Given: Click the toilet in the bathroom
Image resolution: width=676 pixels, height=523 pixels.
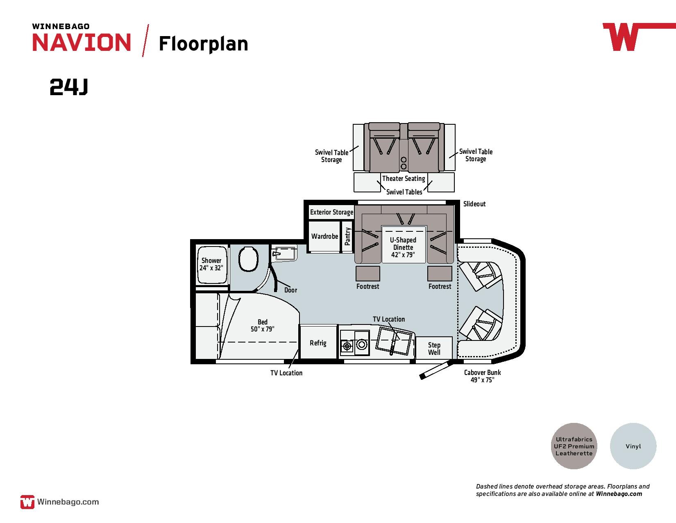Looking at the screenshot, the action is [x=248, y=259].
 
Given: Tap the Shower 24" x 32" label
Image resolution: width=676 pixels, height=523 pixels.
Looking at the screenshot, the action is [x=211, y=264].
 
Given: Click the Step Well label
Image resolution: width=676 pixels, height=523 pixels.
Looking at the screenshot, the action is [x=434, y=349].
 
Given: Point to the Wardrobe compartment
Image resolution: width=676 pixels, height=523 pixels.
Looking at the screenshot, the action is [x=324, y=236].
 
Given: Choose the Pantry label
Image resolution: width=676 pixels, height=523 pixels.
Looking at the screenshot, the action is [x=347, y=236].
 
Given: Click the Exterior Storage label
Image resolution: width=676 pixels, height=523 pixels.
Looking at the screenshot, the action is [x=331, y=212].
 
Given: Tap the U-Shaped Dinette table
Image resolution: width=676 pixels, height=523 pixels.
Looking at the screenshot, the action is [x=404, y=244].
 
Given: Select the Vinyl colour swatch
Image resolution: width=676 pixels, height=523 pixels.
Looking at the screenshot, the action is [x=633, y=446].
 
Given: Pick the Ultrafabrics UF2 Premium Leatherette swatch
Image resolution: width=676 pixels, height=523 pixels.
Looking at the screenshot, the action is [x=574, y=446].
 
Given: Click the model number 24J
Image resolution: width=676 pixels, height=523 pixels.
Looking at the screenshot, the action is [x=69, y=87].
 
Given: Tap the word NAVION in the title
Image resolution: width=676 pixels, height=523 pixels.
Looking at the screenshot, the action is [x=82, y=42].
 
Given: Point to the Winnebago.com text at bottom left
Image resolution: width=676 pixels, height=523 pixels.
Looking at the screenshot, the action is [x=68, y=502].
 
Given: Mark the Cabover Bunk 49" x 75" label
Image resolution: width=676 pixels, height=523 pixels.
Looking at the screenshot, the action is [x=483, y=376].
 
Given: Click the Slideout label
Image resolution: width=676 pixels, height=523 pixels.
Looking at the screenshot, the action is [x=474, y=204].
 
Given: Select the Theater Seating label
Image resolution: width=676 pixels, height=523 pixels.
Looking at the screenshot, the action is [x=404, y=178].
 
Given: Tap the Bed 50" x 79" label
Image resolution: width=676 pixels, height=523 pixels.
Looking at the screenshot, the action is [x=263, y=326].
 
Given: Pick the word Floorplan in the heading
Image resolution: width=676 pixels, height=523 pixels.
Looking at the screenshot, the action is [x=204, y=44].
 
